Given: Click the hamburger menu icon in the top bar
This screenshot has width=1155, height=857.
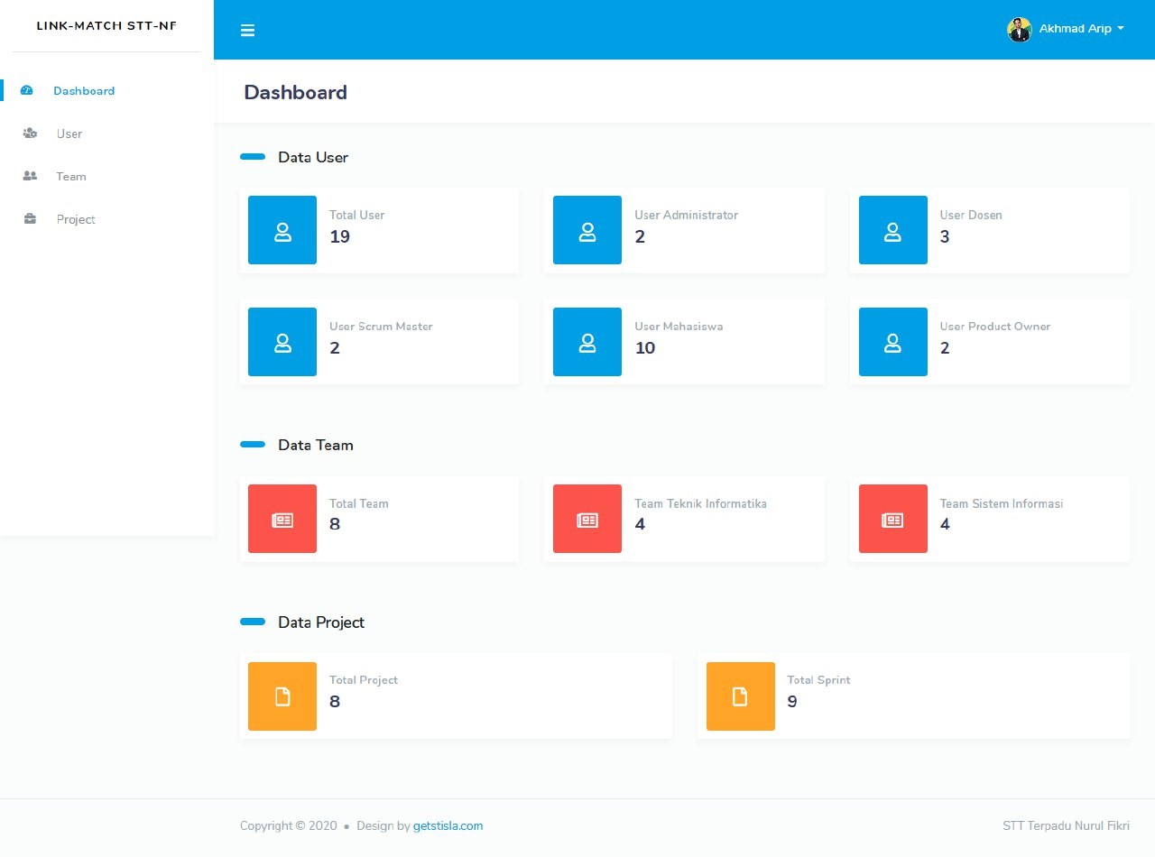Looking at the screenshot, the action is pos(247,30).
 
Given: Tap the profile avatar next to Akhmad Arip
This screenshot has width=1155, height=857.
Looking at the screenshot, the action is pos(1019,29).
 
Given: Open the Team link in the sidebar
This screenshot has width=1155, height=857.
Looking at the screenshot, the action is pos(71,177).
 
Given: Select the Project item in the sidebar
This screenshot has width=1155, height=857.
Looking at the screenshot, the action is pos(76,219).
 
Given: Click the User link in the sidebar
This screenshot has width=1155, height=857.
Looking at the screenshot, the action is pos(69,134).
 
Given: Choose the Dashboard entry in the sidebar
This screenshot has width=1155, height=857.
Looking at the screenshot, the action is pos(84,90).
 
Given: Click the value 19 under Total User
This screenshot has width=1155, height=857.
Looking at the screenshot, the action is pos(339,236).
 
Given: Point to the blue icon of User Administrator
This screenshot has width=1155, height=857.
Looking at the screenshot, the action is pos(587,230).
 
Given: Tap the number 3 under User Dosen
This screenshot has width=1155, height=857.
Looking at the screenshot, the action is pos(945,236).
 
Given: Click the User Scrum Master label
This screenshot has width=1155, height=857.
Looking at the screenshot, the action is pos(381,327).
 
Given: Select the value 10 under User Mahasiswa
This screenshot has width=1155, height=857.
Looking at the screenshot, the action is pos(644,348).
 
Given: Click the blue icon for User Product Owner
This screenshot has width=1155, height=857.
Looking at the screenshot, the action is pos(892,342).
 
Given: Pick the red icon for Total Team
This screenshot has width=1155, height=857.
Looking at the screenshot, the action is pos(282,519).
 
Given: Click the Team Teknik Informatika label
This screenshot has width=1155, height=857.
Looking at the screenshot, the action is pos(700,503).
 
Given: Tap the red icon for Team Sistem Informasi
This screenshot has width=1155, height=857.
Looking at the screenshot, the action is pos(892,519).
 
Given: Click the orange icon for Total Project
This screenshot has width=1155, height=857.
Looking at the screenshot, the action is pos(282,696).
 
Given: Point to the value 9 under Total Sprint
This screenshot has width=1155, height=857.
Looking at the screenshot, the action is pos(792,701).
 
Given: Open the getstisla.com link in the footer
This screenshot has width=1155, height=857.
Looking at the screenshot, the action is pos(448,825).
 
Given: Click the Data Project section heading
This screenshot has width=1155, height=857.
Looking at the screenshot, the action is pos(320,622).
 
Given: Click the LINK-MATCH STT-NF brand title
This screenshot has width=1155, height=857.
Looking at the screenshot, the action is pos(106,25).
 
